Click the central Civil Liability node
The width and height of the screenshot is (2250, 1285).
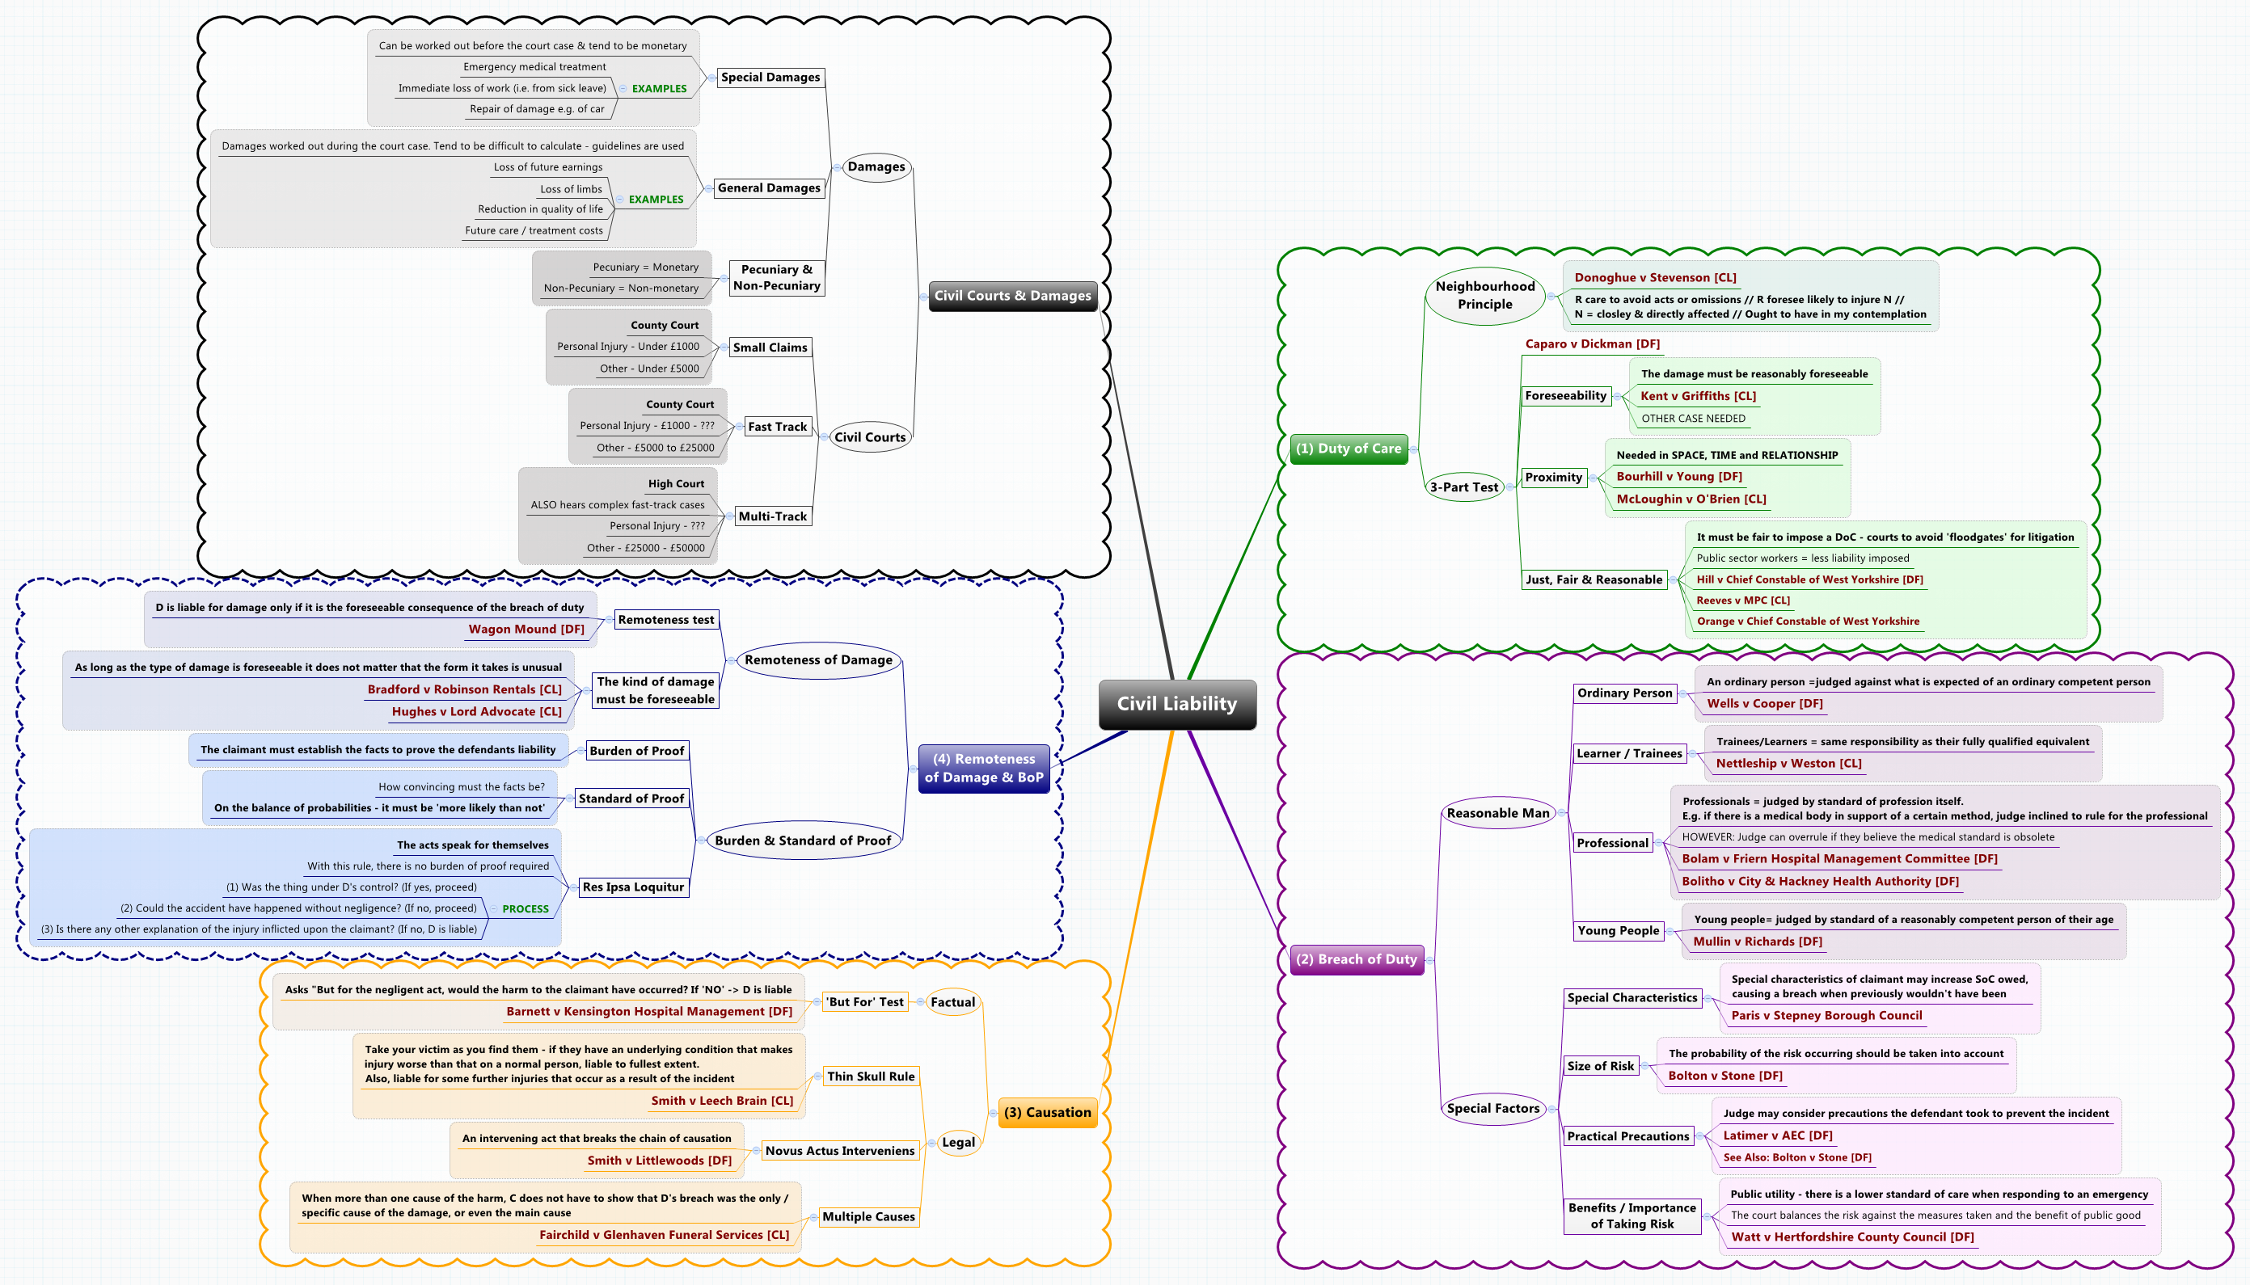[x=1176, y=704]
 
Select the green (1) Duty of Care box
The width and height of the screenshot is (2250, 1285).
[x=1348, y=449]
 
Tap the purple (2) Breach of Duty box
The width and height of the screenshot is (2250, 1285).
[x=1356, y=959]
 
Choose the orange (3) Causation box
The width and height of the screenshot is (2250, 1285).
[x=1047, y=1113]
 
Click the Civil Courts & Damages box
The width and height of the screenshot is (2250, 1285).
[x=1011, y=296]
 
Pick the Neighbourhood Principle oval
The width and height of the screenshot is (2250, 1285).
[x=1484, y=296]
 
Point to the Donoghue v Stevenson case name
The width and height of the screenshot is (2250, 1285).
[x=1654, y=278]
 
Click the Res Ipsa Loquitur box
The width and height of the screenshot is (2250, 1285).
[x=633, y=887]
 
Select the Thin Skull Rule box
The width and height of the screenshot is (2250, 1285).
[x=871, y=1076]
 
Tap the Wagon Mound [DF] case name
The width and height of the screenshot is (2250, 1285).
[x=526, y=630]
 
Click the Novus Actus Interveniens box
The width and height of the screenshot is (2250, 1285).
[x=839, y=1151]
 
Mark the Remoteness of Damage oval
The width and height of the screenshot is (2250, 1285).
[x=817, y=660]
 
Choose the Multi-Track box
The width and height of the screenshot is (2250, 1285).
[x=772, y=516]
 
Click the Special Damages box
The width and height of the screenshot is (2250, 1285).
[x=770, y=78]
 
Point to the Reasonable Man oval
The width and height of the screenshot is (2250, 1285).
[x=1497, y=814]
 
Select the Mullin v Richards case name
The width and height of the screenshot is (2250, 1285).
[x=1757, y=942]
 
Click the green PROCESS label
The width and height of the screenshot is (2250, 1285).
[x=526, y=909]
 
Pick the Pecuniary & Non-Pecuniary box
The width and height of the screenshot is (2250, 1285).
[x=776, y=278]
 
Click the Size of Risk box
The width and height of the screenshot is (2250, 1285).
[x=1599, y=1066]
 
